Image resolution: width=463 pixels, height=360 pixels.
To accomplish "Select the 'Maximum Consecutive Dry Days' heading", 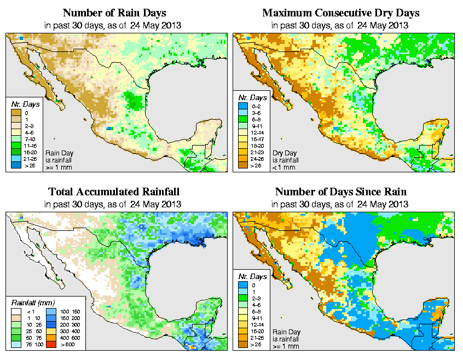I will tap(341, 13).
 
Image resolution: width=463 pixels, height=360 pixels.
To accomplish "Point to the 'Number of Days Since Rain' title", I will tap(341, 192).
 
